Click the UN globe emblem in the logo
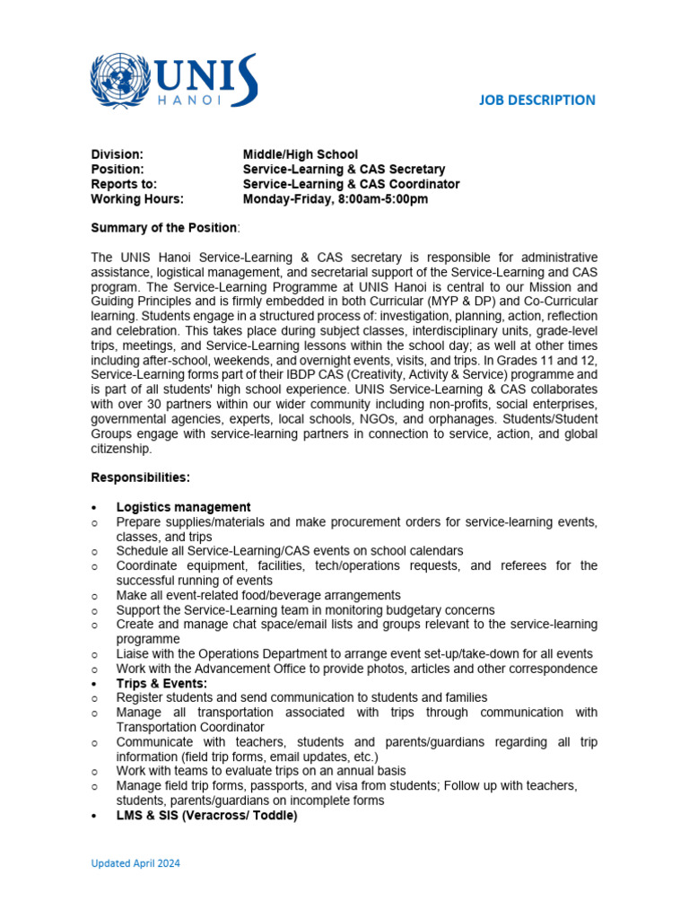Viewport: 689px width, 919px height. pos(122,81)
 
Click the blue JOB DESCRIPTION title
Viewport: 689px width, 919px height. pos(536,100)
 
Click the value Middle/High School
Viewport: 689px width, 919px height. pos(300,155)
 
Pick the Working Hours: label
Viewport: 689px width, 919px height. pos(137,198)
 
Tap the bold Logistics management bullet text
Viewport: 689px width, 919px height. pos(183,507)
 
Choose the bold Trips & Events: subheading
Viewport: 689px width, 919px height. pos(161,683)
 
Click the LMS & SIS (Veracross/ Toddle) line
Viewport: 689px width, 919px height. pos(206,816)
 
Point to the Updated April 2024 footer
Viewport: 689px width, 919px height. pos(135,863)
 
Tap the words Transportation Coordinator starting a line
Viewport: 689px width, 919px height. pos(190,727)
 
